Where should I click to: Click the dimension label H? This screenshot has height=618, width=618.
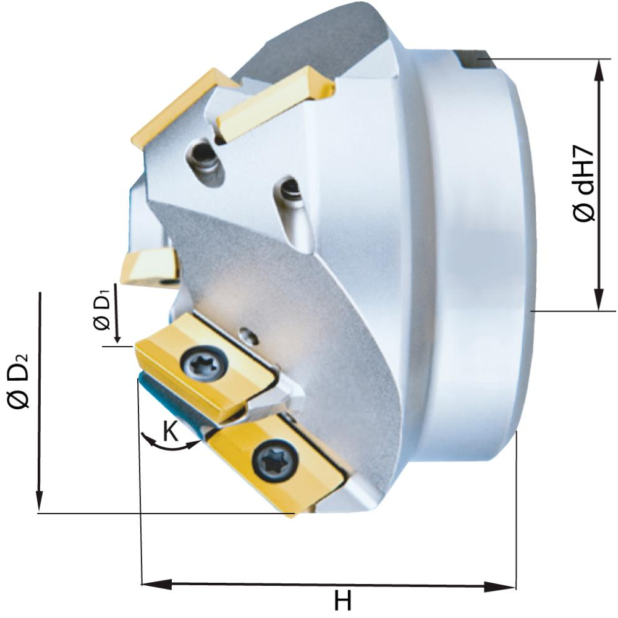pyautogui.click(x=342, y=601)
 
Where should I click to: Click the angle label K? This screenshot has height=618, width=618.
pyautogui.click(x=171, y=431)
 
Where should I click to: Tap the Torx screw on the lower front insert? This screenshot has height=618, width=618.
pyautogui.click(x=275, y=459)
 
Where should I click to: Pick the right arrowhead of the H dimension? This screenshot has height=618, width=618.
pyautogui.click(x=500, y=586)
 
